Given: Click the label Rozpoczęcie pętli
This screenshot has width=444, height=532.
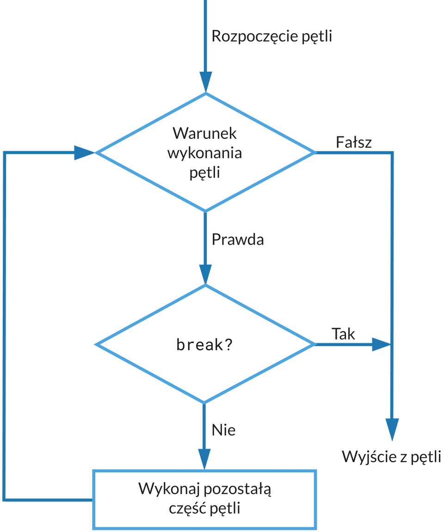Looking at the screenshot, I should [x=271, y=37].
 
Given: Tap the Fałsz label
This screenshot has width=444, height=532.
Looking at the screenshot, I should [x=353, y=143].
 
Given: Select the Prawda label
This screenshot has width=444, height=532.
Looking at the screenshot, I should [x=238, y=240].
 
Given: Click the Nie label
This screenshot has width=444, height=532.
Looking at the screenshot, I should [x=224, y=430].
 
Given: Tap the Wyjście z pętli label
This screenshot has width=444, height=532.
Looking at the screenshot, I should [x=391, y=457].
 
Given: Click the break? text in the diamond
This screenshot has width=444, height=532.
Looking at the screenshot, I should [x=204, y=345].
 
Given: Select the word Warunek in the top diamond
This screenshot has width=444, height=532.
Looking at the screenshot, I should [x=204, y=134].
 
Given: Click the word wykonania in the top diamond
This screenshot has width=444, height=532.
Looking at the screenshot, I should [x=204, y=154].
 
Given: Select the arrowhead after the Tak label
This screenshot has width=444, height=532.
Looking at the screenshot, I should [x=381, y=344].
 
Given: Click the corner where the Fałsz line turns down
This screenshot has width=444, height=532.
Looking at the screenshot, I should [x=392, y=152].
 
